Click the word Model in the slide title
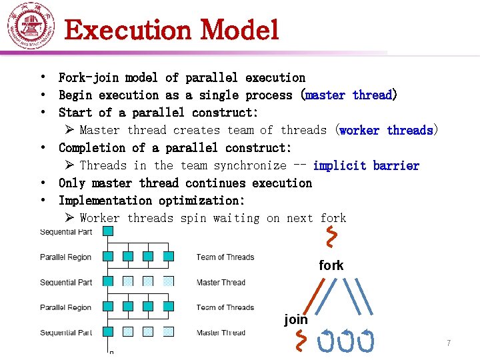239,30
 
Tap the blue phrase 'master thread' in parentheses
349,95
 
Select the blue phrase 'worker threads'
386,130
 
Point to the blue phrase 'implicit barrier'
366,165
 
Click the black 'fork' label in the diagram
331,265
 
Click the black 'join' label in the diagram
296,319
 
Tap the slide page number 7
449,343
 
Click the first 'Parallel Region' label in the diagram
65,257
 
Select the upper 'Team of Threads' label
225,257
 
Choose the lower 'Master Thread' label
221,333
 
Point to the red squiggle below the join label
302,340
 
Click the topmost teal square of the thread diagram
107,231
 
